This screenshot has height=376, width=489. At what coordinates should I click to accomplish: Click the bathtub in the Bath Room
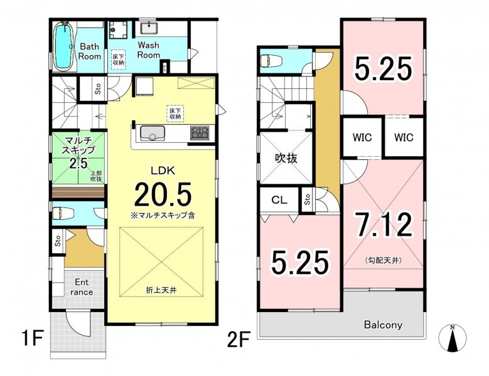pyautogui.click(x=65, y=46)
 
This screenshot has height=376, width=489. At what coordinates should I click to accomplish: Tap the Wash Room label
pyautogui.click(x=148, y=50)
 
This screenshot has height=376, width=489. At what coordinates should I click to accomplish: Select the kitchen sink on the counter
pyautogui.click(x=153, y=133)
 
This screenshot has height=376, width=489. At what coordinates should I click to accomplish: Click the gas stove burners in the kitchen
pyautogui.click(x=200, y=132)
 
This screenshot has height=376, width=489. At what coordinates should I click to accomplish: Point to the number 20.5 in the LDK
pyautogui.click(x=163, y=194)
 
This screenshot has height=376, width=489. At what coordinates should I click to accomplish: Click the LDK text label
pyautogui.click(x=163, y=170)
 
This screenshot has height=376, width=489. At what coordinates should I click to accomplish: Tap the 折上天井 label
pyautogui.click(x=161, y=290)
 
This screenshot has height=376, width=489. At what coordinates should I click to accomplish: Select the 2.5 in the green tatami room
pyautogui.click(x=78, y=163)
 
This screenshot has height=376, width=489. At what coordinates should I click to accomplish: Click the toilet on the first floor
pyautogui.click(x=63, y=214)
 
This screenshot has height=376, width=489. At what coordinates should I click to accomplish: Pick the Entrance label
pyautogui.click(x=82, y=287)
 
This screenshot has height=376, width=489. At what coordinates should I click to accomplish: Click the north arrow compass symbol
pyautogui.click(x=453, y=338)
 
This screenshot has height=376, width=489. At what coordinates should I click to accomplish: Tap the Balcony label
pyautogui.click(x=383, y=325)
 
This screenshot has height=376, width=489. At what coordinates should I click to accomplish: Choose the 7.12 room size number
pyautogui.click(x=385, y=225)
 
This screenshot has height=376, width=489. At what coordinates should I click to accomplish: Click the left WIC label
pyautogui.click(x=362, y=137)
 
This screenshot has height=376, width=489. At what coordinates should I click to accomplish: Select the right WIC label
pyautogui.click(x=404, y=137)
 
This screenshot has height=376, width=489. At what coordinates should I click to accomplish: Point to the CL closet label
pyautogui.click(x=279, y=200)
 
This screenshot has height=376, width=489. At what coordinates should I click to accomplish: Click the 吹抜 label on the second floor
pyautogui.click(x=286, y=159)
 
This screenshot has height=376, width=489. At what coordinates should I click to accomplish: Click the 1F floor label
pyautogui.click(x=32, y=338)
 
